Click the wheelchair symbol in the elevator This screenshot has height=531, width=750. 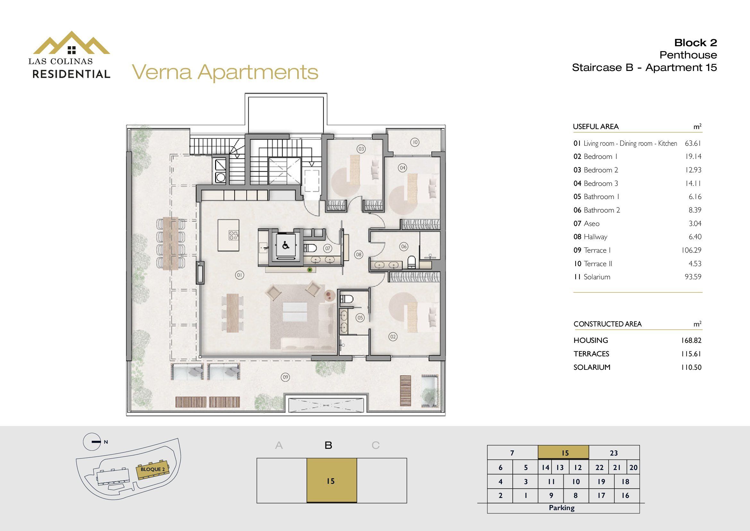pos(286,245)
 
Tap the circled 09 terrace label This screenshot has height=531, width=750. pos(285,377)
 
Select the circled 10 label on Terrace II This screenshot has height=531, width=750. pos(415,142)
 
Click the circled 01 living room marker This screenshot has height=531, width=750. pos(240,275)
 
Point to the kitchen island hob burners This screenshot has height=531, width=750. pos(233,235)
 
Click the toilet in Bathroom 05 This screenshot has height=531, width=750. pos(347,299)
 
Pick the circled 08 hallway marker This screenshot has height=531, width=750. pos(359,254)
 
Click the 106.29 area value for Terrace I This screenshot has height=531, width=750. pos(691,250)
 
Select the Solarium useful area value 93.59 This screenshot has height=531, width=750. pos(693,277)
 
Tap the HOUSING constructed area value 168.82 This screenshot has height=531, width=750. pos(691,340)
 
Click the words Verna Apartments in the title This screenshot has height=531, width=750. pos(225,72)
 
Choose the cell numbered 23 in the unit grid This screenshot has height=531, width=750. pos(614,453)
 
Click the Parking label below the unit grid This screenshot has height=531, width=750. pos(561,508)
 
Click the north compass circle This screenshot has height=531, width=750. pos(92,442)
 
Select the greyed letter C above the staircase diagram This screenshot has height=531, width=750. pos(375,445)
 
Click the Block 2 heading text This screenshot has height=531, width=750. pos(695,43)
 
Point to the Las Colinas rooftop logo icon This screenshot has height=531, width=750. pos(71,43)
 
